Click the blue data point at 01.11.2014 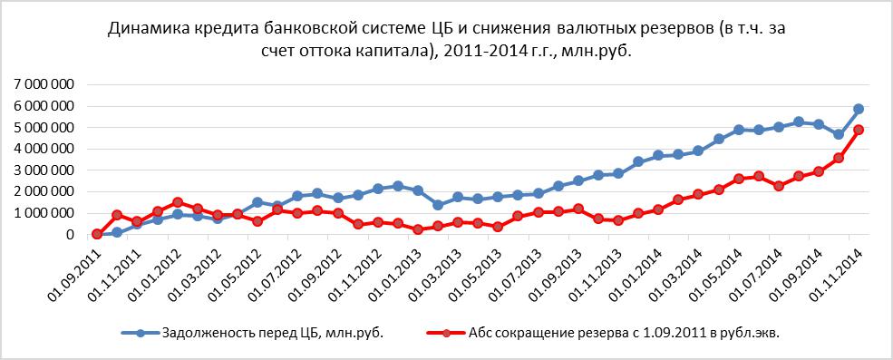tap(859, 109)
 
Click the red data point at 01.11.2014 tap(859, 130)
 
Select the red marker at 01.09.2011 tap(97, 234)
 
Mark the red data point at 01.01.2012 tap(178, 202)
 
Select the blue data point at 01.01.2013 tap(418, 190)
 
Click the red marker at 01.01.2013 tap(418, 229)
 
